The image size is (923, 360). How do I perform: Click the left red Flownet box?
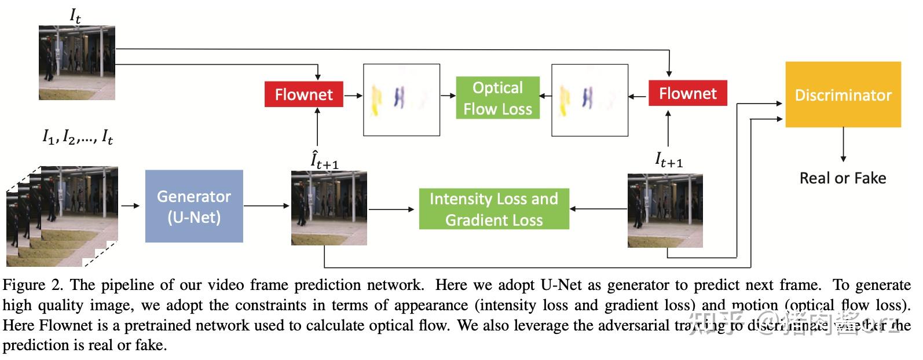(303, 94)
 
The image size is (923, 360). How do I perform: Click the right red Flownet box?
(687, 93)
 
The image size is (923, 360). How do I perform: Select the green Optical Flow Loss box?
(497, 98)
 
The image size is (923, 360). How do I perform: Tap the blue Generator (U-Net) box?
(194, 206)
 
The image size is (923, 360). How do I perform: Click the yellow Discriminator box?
(843, 95)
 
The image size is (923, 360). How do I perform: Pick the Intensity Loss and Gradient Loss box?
(494, 209)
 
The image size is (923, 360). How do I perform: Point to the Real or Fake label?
(843, 178)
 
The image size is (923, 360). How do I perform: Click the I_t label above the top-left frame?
(75, 16)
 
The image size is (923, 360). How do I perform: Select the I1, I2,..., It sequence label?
(78, 137)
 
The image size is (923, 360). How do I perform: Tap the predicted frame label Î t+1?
(324, 160)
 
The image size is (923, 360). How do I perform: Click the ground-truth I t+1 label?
(669, 159)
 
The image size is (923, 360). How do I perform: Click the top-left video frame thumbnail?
(76, 63)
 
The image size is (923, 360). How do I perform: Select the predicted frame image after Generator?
(329, 208)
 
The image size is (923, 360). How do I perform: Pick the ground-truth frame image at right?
(665, 211)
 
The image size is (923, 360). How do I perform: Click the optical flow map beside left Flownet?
(401, 100)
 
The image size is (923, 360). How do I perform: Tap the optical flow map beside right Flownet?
(589, 100)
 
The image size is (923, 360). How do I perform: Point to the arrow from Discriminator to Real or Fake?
(843, 145)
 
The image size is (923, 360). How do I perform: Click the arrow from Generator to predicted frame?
(266, 205)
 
